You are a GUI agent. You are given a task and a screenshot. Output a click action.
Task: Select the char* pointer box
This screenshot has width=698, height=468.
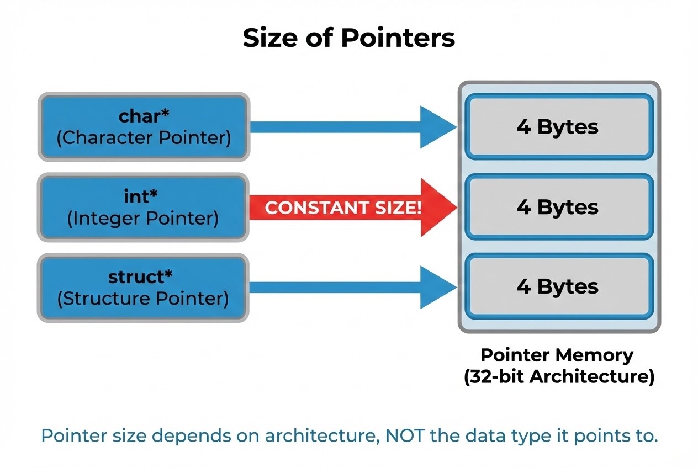(144, 127)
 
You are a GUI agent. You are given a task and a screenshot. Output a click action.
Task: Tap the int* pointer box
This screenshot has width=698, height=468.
(144, 208)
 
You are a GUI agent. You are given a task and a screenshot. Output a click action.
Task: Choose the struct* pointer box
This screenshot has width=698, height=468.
(144, 288)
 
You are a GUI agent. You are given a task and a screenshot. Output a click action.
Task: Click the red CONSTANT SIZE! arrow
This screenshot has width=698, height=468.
(353, 208)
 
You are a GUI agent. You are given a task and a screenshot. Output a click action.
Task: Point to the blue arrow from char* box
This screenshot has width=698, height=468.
(353, 127)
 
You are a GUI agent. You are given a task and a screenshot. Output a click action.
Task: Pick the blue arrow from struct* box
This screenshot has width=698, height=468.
(353, 288)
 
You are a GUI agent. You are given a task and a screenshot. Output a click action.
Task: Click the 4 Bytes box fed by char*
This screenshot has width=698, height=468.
(558, 127)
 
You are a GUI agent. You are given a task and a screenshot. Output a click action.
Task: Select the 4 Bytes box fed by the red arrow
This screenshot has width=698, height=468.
(558, 208)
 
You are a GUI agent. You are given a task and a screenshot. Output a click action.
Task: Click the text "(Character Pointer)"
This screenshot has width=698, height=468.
(144, 137)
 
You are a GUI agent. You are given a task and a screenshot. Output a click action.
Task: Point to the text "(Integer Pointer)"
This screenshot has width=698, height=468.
(144, 219)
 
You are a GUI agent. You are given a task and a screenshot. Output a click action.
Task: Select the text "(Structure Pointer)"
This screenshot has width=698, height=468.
(144, 299)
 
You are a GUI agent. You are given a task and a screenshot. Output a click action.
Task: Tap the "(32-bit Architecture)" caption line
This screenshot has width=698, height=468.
(558, 377)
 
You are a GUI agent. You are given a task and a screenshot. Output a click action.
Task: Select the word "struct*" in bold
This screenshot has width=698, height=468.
(144, 275)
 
